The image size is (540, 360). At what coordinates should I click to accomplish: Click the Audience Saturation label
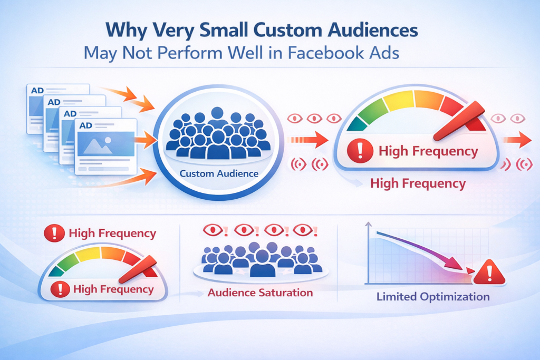tap(260, 292)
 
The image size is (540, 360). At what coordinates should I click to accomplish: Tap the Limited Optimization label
tap(433, 297)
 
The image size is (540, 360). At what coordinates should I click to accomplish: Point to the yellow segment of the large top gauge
tap(398, 100)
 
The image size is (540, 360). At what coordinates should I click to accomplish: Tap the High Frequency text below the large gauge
tap(418, 183)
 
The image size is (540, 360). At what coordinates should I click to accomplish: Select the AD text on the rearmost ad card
tap(37, 90)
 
